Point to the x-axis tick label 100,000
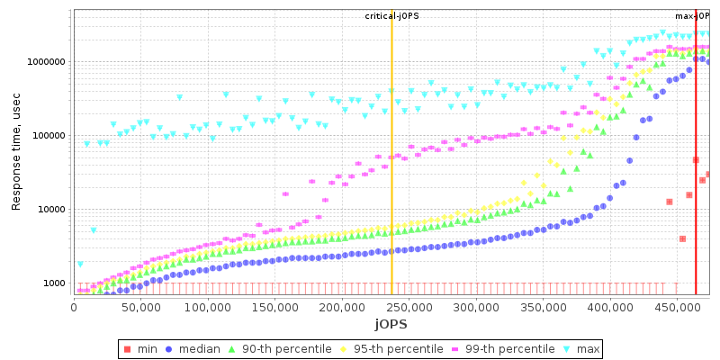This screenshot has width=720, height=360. [208, 307]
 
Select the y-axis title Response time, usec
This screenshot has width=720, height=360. [16, 152]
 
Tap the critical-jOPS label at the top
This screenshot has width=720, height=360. [391, 16]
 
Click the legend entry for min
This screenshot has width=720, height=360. [141, 348]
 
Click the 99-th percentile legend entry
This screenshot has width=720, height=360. [491, 348]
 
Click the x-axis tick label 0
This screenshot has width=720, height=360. [74, 307]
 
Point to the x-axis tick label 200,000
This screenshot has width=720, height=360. [342, 307]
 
